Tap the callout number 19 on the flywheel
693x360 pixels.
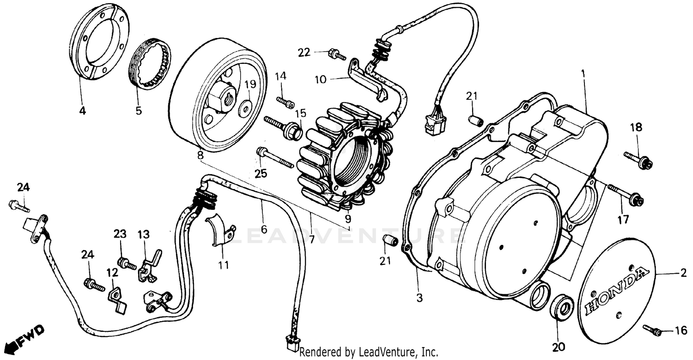[250, 84]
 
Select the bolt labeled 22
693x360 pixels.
[337, 55]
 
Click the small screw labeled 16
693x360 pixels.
[652, 329]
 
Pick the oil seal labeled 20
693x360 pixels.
[562, 307]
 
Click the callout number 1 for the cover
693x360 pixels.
[584, 73]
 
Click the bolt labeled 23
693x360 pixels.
[126, 264]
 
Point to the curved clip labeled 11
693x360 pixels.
[220, 230]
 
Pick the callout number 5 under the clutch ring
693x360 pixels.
[139, 110]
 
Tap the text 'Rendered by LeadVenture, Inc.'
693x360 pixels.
[369, 352]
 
